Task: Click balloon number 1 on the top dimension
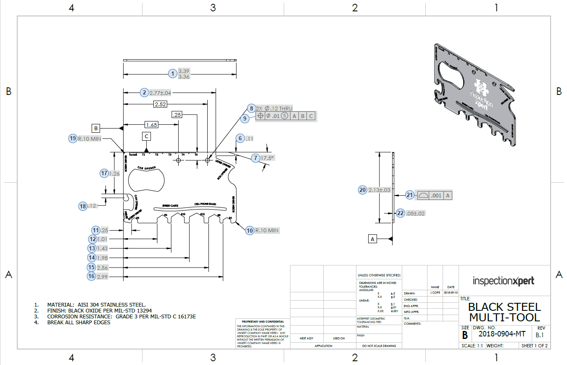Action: (x=172, y=74)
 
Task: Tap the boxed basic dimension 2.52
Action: (x=160, y=104)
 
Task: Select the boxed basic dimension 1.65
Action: (x=151, y=125)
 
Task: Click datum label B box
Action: (x=96, y=128)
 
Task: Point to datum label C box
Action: (x=146, y=136)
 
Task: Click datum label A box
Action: (x=372, y=239)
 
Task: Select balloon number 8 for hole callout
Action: (x=251, y=108)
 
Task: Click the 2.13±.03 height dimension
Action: (x=379, y=190)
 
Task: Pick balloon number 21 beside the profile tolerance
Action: (x=410, y=195)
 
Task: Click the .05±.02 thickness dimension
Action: (x=416, y=213)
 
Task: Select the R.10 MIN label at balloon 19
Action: (x=90, y=139)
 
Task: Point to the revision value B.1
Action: (x=541, y=335)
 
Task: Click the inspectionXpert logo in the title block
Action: (x=504, y=281)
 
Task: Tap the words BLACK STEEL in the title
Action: (x=504, y=307)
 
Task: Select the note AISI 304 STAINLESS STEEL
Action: (x=97, y=305)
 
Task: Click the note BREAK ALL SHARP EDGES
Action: (x=79, y=322)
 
